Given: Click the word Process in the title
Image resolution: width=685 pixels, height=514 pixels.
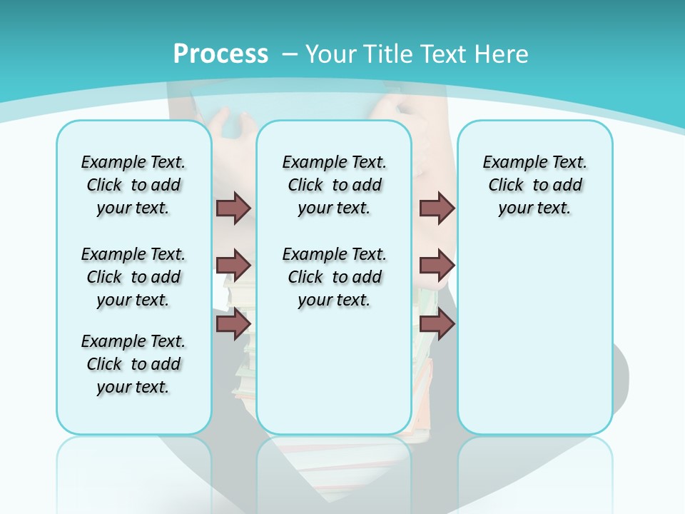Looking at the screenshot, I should coord(220,54).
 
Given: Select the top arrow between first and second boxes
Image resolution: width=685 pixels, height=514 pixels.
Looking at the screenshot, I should coord(233,208).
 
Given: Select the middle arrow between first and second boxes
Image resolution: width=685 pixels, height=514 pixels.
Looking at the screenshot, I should coord(233,266).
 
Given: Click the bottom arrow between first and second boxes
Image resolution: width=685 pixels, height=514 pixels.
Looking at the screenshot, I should coord(233,324).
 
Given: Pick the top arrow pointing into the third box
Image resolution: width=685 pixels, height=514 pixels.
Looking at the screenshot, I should coord(437,208).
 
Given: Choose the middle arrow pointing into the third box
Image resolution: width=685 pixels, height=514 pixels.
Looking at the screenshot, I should coord(437,266).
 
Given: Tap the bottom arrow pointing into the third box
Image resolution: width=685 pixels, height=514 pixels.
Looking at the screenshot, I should coord(437,324).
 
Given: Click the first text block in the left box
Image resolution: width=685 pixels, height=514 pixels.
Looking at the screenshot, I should coord(133,185).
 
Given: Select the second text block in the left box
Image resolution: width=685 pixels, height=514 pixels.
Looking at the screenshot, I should coord(133,277).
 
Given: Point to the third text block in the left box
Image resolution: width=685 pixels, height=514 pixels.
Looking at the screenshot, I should coord(133,364).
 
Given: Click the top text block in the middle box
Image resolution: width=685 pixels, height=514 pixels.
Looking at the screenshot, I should coord(334,185).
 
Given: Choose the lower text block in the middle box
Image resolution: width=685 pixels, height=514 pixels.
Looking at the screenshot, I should coord(334,277).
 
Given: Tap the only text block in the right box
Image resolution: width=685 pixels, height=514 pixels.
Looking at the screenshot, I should coord(534,185).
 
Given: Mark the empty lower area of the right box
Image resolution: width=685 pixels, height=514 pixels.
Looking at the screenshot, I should coord(534,343).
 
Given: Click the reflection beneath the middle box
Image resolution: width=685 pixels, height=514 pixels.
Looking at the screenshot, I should coord(334,464).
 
